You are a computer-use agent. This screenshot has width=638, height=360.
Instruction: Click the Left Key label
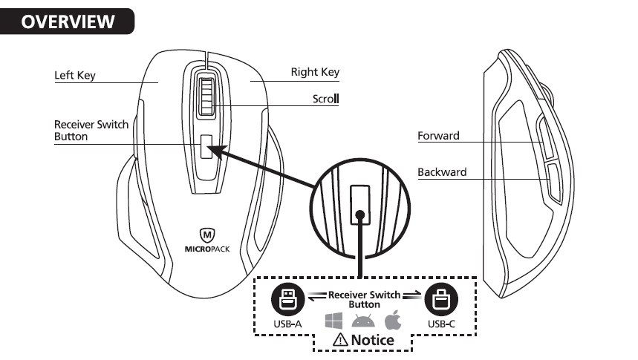click(x=75, y=75)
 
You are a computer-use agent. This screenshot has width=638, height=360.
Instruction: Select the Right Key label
click(x=315, y=72)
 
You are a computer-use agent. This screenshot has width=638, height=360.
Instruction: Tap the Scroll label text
click(x=325, y=98)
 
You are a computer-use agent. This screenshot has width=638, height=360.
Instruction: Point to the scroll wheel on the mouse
click(x=205, y=94)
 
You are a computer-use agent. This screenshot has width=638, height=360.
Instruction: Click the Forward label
click(x=438, y=136)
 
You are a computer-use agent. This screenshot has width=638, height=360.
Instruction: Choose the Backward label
click(x=442, y=172)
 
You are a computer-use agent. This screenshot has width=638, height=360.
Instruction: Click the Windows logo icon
click(x=333, y=321)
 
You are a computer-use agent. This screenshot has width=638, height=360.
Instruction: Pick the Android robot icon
click(x=363, y=321)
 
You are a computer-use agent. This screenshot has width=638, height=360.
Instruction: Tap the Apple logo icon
click(x=393, y=321)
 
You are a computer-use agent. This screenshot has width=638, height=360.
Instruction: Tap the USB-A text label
click(x=285, y=324)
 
